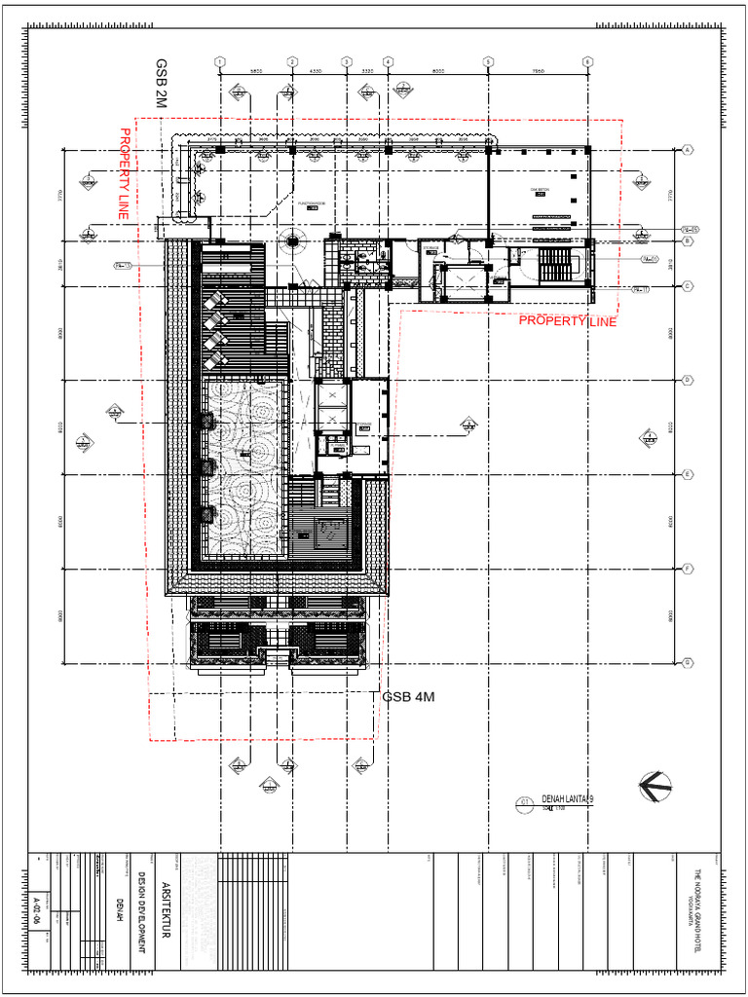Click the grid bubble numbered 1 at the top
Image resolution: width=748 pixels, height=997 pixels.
(x=220, y=61)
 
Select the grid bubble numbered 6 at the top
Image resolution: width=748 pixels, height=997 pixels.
(x=587, y=61)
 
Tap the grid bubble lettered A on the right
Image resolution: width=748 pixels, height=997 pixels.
(x=688, y=150)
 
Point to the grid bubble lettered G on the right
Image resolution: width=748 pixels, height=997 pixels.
(x=688, y=663)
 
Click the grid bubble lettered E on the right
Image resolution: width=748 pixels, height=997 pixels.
(x=688, y=475)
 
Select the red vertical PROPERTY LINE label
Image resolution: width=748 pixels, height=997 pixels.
(x=124, y=174)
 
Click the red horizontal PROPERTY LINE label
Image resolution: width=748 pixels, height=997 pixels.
(x=567, y=321)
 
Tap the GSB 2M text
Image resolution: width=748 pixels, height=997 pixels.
(x=162, y=83)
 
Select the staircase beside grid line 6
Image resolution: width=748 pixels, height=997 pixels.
(x=558, y=264)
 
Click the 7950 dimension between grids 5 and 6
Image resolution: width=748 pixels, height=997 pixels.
(x=537, y=71)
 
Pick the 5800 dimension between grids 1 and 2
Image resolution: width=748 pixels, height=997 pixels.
(x=257, y=71)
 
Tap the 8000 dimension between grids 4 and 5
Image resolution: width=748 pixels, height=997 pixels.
(x=437, y=71)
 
